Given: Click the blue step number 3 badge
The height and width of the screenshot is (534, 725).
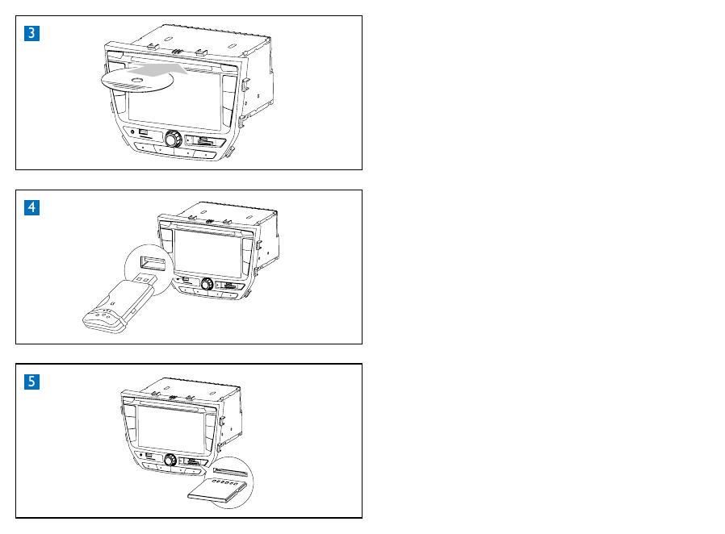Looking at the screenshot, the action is click(x=32, y=33).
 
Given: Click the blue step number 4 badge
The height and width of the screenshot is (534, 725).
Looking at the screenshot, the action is click(x=32, y=207).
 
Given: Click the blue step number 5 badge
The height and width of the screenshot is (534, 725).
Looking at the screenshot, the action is click(x=32, y=382).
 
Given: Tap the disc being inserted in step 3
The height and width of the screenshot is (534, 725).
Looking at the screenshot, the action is click(x=137, y=81).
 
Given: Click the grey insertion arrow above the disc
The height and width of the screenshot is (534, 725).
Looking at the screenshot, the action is click(x=157, y=69).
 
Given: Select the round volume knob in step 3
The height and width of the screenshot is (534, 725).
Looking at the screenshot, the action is click(x=173, y=138).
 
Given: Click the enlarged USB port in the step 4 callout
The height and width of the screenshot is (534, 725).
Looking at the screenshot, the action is click(x=153, y=263).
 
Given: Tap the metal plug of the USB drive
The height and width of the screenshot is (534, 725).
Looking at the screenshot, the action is click(x=147, y=280).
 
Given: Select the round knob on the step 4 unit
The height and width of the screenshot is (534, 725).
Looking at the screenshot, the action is click(x=207, y=284).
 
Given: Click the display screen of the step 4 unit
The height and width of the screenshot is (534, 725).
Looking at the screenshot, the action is click(x=208, y=254).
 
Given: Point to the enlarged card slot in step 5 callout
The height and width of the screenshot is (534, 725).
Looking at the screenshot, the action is click(x=231, y=472).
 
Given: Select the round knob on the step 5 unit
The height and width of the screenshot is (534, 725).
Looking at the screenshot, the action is click(x=170, y=460).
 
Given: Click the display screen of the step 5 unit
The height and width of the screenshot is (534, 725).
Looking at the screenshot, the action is click(x=171, y=430).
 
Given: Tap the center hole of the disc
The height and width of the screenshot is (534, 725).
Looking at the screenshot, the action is click(x=137, y=81).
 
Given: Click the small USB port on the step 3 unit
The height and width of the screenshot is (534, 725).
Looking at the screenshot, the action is click(x=144, y=132).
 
